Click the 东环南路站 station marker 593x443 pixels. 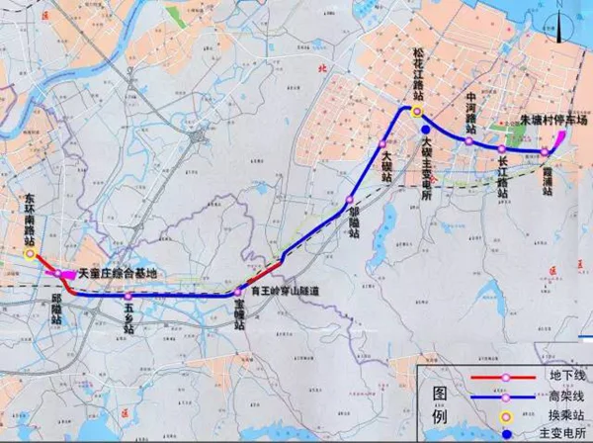point(30,253)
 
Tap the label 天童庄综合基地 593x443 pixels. point(113,272)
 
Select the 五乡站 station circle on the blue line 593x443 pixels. point(128,296)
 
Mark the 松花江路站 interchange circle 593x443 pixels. point(418,112)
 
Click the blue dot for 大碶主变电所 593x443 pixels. point(425,129)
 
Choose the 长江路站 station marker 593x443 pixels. point(502,149)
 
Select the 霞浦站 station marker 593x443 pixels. point(544,152)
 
